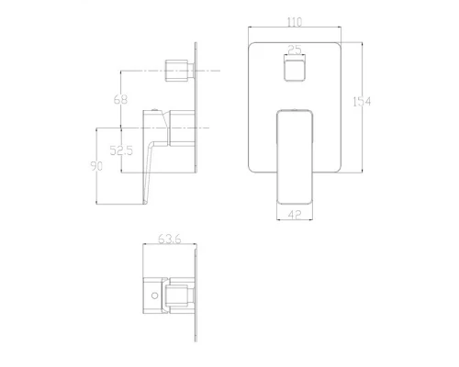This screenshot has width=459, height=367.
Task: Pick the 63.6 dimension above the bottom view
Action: (x=168, y=240)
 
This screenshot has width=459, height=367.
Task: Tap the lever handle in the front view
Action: (x=294, y=151)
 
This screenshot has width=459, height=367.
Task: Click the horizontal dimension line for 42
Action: (x=294, y=210)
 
